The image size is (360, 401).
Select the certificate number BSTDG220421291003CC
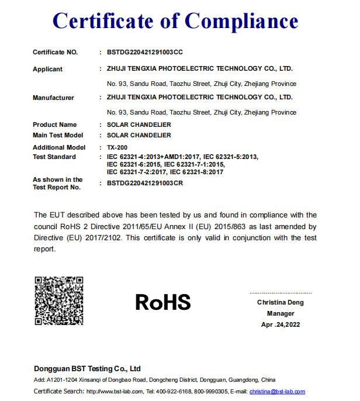(145, 53)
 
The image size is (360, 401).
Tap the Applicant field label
(47, 69)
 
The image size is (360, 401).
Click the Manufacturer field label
(53, 98)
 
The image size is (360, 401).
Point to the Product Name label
(54, 125)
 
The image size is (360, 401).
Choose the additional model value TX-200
(117, 147)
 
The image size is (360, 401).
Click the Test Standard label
(54, 157)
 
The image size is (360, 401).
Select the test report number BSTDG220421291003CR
(145, 184)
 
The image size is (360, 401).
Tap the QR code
(58, 300)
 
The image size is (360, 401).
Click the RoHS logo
(163, 302)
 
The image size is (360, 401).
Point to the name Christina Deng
(281, 303)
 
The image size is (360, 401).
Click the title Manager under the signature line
(281, 314)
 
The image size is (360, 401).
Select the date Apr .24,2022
(281, 324)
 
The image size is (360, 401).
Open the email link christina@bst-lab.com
(277, 391)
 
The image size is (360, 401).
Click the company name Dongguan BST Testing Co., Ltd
(87, 369)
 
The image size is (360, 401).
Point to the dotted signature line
(281, 293)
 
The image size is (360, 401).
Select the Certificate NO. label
(55, 53)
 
